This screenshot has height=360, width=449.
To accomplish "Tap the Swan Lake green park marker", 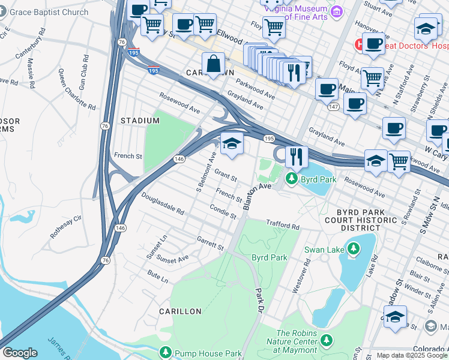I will (x=354, y=248).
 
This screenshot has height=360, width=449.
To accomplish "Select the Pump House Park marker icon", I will (x=166, y=353).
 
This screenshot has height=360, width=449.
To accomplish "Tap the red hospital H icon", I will (x=359, y=44).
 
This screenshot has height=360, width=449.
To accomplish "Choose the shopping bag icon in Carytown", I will (x=213, y=64).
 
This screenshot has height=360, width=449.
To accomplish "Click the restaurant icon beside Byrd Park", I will (x=296, y=157).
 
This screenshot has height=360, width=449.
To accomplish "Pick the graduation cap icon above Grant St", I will (x=232, y=144).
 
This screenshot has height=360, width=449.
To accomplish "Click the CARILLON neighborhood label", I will (x=180, y=311).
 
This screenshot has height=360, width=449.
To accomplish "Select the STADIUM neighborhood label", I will (x=140, y=121).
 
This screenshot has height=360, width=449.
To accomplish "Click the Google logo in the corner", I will (x=20, y=353).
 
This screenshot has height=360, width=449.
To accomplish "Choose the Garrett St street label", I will (x=210, y=243).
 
